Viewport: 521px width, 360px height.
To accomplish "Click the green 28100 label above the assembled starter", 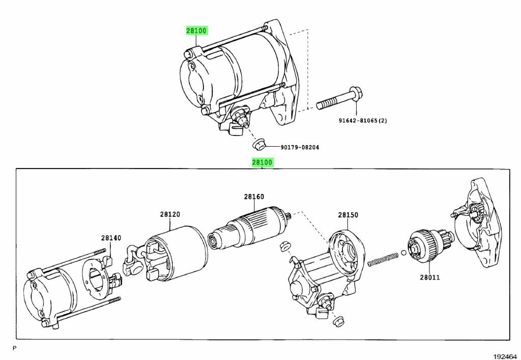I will (196, 31).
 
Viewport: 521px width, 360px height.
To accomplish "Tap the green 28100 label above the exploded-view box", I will (263, 162).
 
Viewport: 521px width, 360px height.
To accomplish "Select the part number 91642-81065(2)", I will (356, 121).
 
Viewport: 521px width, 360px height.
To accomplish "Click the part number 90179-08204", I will (300, 148).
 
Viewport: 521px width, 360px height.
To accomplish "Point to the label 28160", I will (254, 197).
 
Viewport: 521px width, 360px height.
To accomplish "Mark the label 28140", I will (111, 238).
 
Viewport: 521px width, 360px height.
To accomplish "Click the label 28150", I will (349, 215).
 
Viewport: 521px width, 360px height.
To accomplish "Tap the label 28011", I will (430, 278).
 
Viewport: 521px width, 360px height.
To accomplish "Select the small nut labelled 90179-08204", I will (259, 144).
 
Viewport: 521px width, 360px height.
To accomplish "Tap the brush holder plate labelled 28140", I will (99, 275).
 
